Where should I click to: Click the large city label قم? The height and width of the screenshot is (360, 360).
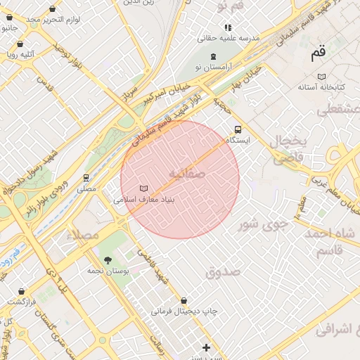(x=319, y=53)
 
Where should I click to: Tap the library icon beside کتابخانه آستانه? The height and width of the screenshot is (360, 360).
(x=321, y=76)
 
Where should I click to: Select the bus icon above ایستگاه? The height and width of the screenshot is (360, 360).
(x=238, y=129)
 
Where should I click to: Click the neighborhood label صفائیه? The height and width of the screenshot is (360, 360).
(x=187, y=173)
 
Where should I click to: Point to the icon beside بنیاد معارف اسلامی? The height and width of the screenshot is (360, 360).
(x=143, y=188)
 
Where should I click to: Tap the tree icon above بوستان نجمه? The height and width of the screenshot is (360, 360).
(x=108, y=260)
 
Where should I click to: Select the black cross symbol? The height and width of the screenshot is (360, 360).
(x=206, y=347)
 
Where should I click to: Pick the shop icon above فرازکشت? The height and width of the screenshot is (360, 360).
(x=21, y=291)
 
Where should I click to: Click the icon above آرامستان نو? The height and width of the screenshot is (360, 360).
(x=214, y=56)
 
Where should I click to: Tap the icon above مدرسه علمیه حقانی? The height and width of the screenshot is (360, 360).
(x=228, y=27)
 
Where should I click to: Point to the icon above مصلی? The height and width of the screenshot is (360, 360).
(x=86, y=178)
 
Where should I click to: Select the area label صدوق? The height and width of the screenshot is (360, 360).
(x=224, y=271)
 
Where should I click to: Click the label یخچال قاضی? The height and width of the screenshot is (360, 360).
(x=290, y=149)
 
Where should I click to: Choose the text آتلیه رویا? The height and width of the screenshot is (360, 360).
(x=21, y=53)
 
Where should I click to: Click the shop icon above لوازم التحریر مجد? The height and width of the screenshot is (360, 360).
(x=53, y=9)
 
